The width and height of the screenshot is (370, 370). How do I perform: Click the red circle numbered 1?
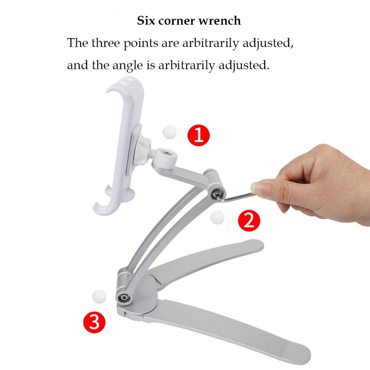tap(199, 135)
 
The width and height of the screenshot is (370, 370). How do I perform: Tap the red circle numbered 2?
tap(249, 221)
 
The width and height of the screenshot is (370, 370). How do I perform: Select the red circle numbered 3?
tap(94, 322)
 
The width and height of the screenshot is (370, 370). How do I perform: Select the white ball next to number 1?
tap(170, 132)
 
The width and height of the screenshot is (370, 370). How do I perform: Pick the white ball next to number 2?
tap(217, 217)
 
